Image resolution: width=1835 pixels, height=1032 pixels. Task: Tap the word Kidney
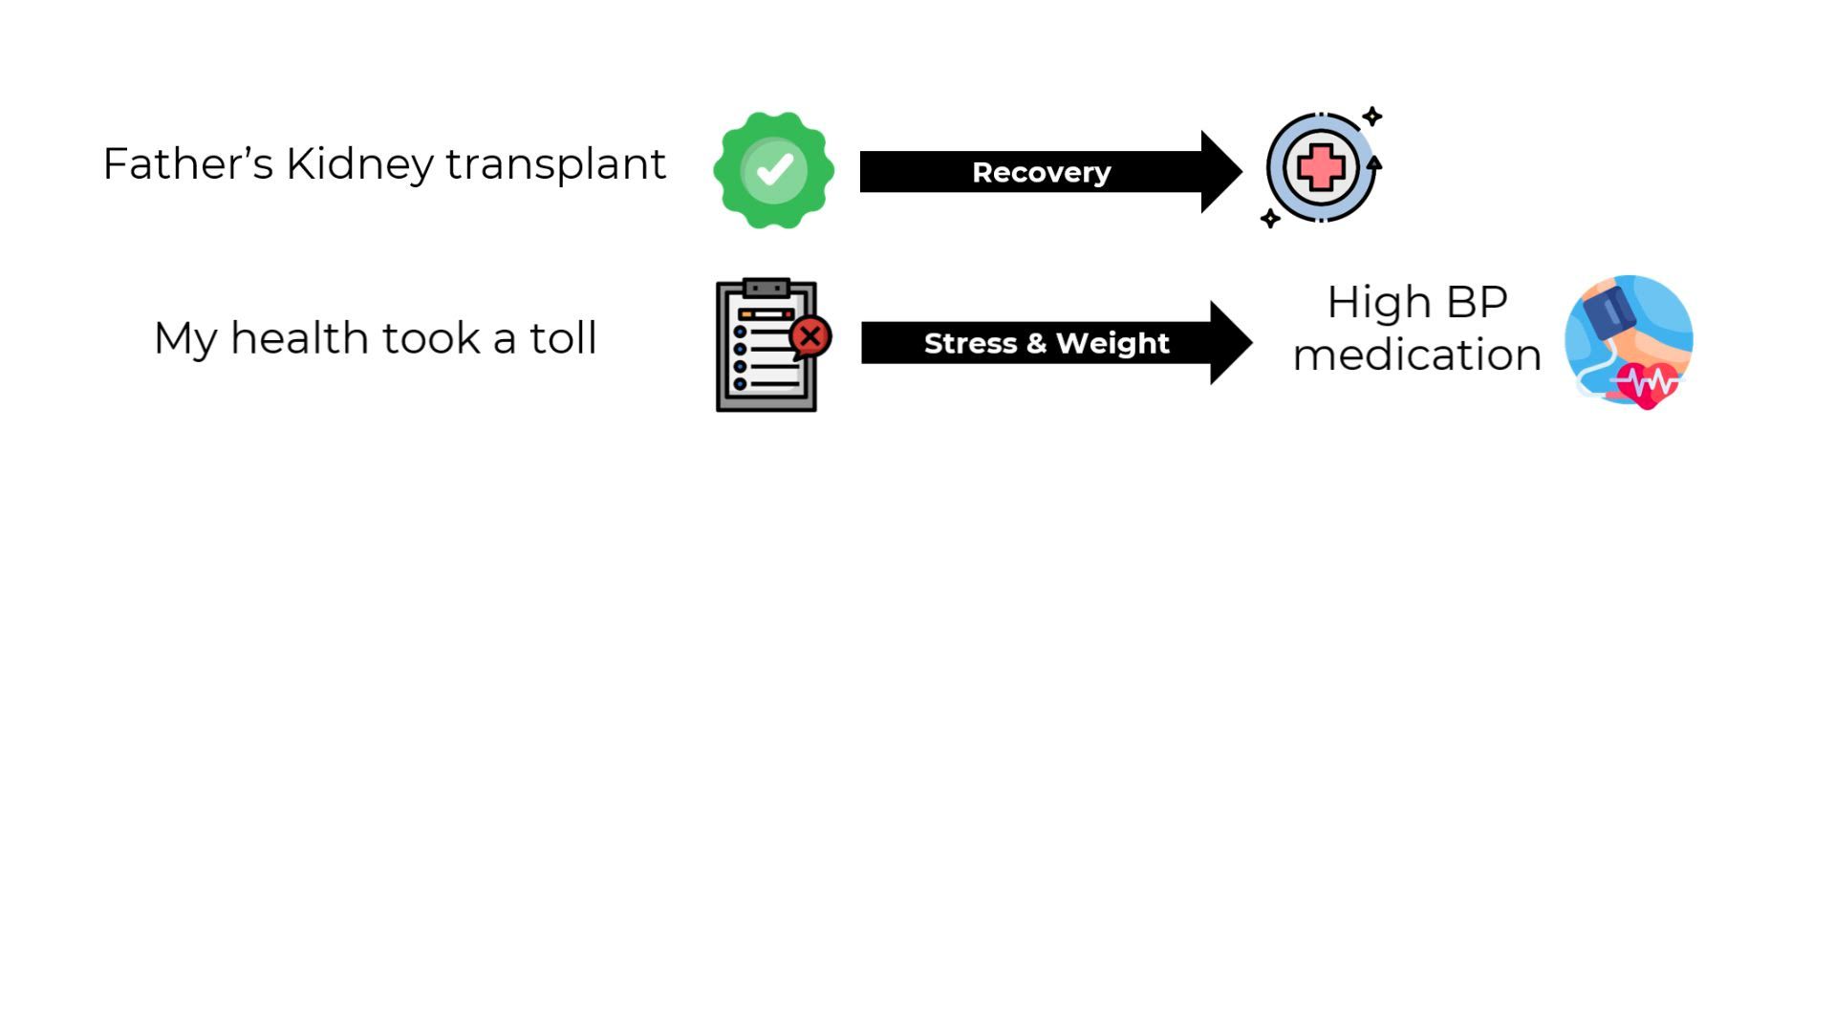pyautogui.click(x=359, y=164)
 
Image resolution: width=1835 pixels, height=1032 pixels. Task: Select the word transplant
pyautogui.click(x=555, y=164)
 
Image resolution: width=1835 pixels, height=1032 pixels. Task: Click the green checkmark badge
pyautogui.click(x=774, y=170)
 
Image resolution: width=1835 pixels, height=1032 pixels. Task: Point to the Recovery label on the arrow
pyautogui.click(x=1041, y=172)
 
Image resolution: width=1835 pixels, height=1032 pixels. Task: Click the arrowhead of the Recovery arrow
pyautogui.click(x=1220, y=172)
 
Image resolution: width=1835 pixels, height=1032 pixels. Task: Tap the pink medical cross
pyautogui.click(x=1321, y=168)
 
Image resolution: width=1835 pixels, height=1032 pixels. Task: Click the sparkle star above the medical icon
pyautogui.click(x=1372, y=117)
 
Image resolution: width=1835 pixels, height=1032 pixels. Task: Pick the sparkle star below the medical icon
pyautogui.click(x=1270, y=219)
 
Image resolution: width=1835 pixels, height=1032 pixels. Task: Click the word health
pyautogui.click(x=299, y=338)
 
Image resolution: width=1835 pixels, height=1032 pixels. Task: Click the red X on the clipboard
pyautogui.click(x=811, y=336)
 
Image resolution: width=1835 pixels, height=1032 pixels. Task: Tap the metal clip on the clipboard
pyautogui.click(x=766, y=288)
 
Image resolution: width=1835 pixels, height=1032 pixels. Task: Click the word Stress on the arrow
pyautogui.click(x=970, y=343)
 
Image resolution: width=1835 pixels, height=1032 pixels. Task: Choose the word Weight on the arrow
pyautogui.click(x=1112, y=343)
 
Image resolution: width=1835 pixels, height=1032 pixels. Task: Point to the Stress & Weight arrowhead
pyautogui.click(x=1230, y=343)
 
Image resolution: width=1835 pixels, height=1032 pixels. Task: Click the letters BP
pyautogui.click(x=1477, y=303)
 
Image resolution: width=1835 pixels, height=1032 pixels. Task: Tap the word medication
pyautogui.click(x=1416, y=355)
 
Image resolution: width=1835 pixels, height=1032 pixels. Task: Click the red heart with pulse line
pyautogui.click(x=1647, y=384)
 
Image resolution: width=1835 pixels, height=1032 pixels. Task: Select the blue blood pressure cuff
pyautogui.click(x=1609, y=311)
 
